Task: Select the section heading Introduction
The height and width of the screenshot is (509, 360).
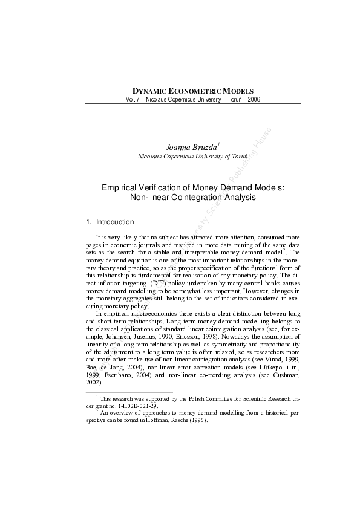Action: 119,222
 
